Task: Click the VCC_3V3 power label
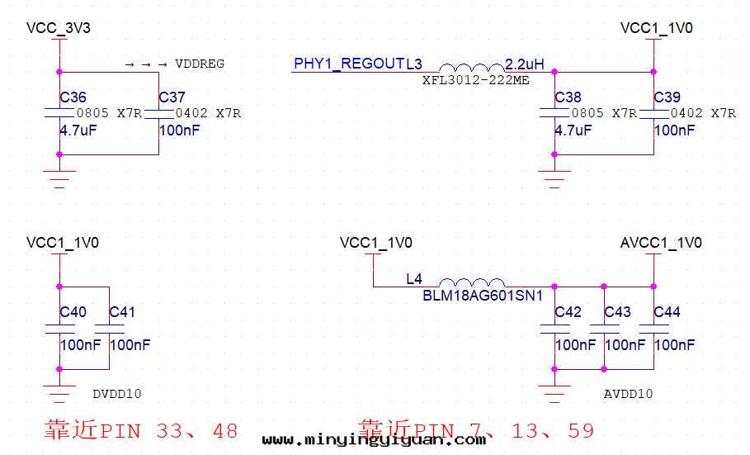pos(58,28)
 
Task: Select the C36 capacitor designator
pos(73,97)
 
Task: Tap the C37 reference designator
pos(172,97)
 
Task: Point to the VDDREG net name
pos(200,64)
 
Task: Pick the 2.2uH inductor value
pos(525,64)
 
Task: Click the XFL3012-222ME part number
pos(475,80)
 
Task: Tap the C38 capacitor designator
pos(568,97)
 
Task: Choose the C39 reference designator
pos(667,97)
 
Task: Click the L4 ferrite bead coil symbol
pos(471,282)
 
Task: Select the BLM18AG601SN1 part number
pos(483,295)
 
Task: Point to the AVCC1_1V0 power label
pos(661,243)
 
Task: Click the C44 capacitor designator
pos(667,312)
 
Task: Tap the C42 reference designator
pos(568,312)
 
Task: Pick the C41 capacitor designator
pos(122,312)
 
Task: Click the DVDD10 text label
pos(117,394)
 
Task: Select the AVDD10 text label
pos(629,394)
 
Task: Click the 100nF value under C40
pos(80,344)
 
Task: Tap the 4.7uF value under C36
pos(78,130)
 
